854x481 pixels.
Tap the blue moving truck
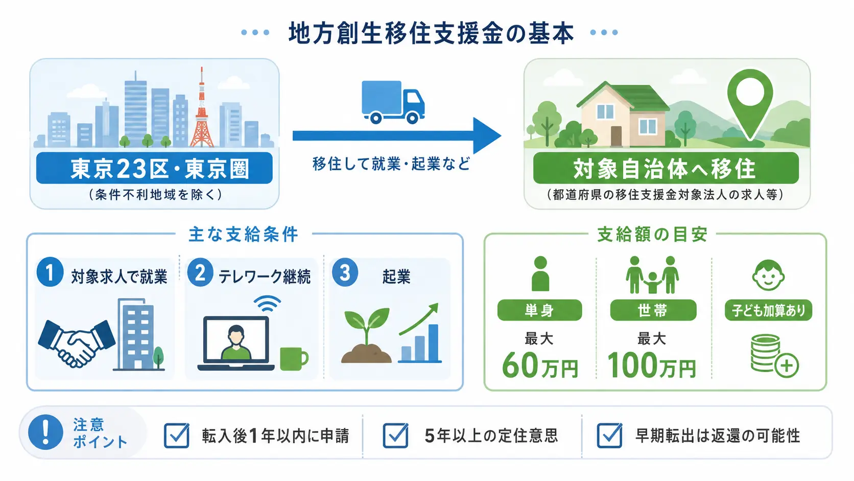point(393,102)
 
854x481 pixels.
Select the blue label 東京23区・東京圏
point(154,168)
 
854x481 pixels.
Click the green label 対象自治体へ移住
point(666,168)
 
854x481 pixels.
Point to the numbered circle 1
point(50,272)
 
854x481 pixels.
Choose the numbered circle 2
point(200,272)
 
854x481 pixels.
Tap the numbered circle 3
point(345,272)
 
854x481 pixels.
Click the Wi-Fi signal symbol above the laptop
point(267,304)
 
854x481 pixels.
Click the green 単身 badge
point(539,310)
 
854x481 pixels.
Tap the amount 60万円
point(539,365)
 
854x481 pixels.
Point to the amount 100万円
point(652,365)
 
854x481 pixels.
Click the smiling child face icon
point(768,276)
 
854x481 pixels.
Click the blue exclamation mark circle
point(46,432)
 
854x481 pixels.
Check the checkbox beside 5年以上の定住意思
point(396,435)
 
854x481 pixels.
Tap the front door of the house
point(616,136)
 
